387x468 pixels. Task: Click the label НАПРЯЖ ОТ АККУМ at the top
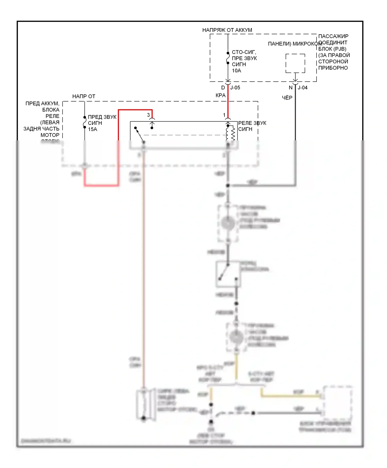(x=227, y=30)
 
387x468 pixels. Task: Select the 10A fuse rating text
(x=236, y=71)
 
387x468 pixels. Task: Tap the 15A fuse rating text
(x=92, y=129)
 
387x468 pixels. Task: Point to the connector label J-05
(x=235, y=88)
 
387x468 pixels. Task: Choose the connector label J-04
(x=303, y=88)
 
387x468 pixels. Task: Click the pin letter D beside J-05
(x=223, y=88)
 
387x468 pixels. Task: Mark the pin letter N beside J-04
(x=291, y=88)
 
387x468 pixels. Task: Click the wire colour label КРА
(x=221, y=95)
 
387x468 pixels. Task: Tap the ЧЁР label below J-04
(x=287, y=98)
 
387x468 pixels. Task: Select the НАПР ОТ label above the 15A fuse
(x=84, y=96)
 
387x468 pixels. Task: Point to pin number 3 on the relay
(x=148, y=115)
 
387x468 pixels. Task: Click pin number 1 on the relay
(x=224, y=115)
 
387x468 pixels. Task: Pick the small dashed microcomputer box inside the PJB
(x=295, y=63)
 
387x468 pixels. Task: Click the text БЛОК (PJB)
(x=332, y=49)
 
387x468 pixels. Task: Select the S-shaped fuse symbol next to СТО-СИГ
(x=228, y=58)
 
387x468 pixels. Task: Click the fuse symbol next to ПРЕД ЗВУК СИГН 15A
(x=85, y=122)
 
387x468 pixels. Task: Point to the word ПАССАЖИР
(x=333, y=36)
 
